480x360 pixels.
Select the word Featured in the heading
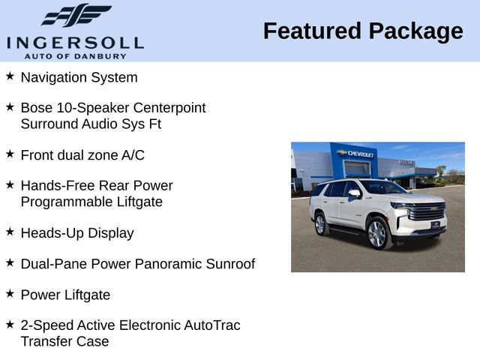pos(310,31)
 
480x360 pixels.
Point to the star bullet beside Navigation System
pos(10,76)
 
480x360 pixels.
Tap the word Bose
pos(37,108)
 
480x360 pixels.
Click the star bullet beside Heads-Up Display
pos(10,232)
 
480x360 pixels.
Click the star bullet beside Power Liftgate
pos(10,294)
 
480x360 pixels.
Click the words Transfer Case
pos(64,341)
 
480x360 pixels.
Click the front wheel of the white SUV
pos(377,233)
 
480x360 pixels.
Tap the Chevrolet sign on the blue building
pos(356,154)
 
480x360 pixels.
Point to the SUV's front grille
pos(428,212)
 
